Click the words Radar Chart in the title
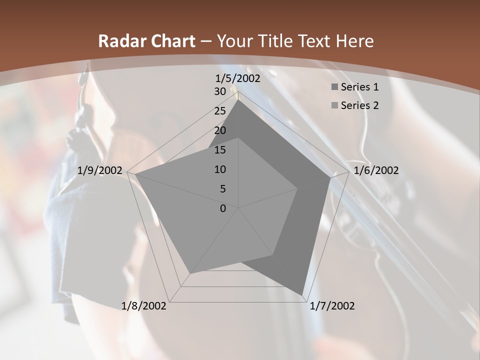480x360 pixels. point(146,41)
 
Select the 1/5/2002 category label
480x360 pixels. point(237,78)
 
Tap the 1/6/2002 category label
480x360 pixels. point(376,170)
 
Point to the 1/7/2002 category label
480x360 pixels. point(332,306)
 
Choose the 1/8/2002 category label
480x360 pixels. point(144,306)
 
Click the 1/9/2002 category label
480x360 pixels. point(100,170)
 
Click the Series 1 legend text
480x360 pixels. point(359,87)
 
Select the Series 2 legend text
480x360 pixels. point(359,105)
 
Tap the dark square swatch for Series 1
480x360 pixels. point(334,87)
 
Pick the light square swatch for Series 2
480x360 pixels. point(334,106)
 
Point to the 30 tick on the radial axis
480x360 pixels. point(220,91)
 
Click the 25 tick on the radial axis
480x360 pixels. point(220,111)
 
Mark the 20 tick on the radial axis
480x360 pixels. point(220,130)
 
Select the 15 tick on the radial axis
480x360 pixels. point(220,150)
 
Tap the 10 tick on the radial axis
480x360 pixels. point(220,169)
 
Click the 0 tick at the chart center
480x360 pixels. point(223,208)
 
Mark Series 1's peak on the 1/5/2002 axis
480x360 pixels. point(238,99)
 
